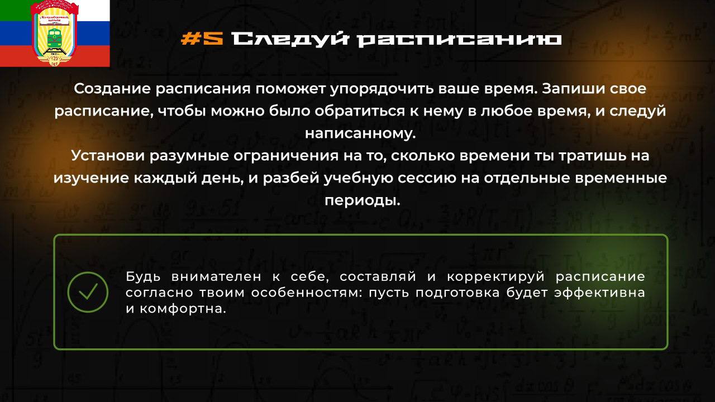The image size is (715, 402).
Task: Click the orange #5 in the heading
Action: (x=202, y=39)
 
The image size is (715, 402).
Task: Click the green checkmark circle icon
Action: (x=88, y=292)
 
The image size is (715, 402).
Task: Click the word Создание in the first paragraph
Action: (x=112, y=89)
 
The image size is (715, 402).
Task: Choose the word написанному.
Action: (x=360, y=134)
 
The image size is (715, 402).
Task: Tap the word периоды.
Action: (x=363, y=201)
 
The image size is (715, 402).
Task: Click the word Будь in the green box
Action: (x=142, y=276)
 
